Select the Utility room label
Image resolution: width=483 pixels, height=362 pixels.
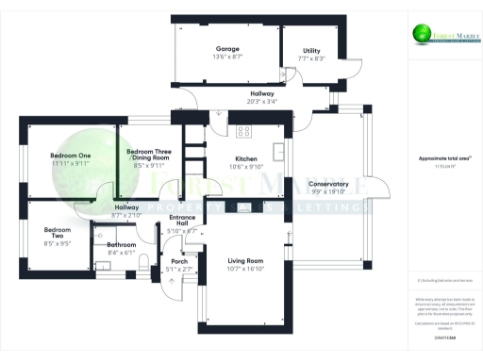(311, 51)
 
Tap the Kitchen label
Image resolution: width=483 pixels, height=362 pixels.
(246, 159)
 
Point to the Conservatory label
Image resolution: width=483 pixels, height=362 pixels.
(329, 184)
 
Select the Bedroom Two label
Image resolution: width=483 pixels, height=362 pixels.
(58, 234)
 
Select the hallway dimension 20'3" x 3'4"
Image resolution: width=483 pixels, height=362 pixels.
(261, 102)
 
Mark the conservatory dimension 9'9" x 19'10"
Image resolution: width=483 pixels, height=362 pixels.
(329, 192)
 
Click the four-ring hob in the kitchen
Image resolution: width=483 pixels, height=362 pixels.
(242, 131)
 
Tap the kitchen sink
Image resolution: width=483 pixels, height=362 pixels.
(277, 150)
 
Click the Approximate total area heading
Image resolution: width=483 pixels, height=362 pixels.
(443, 158)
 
